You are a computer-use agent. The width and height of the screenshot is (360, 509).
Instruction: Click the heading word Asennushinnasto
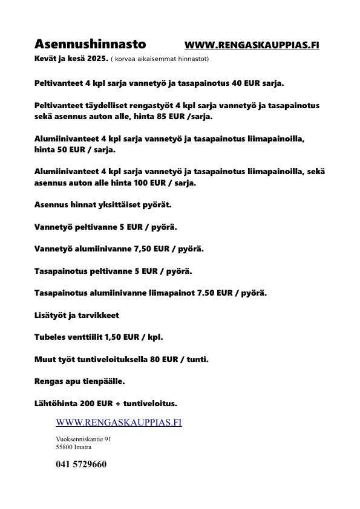click(x=90, y=44)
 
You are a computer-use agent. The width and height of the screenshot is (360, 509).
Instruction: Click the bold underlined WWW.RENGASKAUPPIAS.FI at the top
click(x=252, y=45)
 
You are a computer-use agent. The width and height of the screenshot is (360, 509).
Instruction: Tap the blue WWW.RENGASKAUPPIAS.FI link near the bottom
click(x=119, y=423)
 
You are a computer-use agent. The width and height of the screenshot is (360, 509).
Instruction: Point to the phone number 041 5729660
click(x=81, y=464)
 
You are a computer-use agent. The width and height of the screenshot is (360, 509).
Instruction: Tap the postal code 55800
click(x=64, y=447)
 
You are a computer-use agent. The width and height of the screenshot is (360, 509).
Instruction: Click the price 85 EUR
click(x=159, y=116)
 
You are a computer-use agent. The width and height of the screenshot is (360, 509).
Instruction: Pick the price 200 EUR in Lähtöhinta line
click(x=97, y=403)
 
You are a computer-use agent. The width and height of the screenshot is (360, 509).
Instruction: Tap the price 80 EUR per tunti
click(x=166, y=359)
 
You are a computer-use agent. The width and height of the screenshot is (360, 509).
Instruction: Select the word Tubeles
click(x=50, y=337)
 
